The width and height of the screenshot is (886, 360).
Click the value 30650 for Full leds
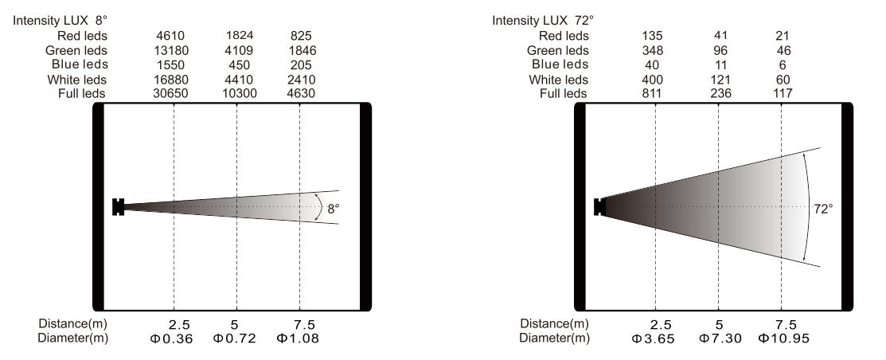(170, 93)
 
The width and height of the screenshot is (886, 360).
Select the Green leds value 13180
(170, 51)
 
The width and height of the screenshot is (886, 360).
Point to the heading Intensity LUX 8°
(60, 21)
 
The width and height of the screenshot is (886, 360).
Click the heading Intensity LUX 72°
(543, 21)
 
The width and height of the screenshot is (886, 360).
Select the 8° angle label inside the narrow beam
(334, 208)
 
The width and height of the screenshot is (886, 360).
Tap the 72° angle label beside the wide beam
(823, 209)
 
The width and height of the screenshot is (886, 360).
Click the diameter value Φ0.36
(172, 339)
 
